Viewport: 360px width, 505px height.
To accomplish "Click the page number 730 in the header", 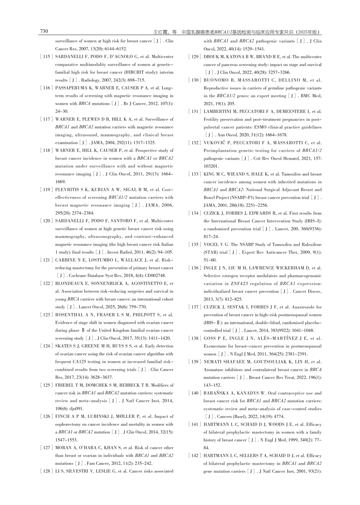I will click(44, 32).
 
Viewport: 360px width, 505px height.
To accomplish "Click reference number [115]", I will click(46, 57).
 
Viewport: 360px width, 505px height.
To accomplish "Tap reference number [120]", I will click(46, 221).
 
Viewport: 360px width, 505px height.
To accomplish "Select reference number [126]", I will click(46, 417).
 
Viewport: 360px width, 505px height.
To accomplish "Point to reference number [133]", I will click(195, 174).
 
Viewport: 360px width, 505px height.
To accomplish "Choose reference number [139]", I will click(195, 362).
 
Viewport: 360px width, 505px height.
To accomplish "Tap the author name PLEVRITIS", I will click(68, 190).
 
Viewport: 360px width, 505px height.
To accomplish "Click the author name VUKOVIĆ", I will click(216, 143).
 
